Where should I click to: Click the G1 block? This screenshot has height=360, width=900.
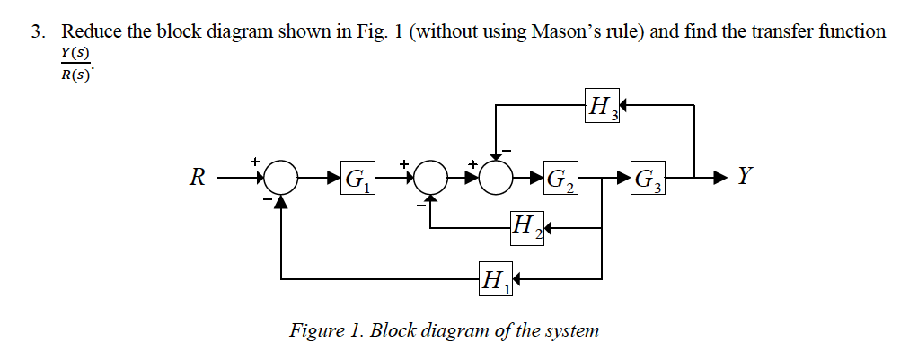[x=357, y=179]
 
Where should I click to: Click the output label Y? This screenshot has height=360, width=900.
[x=742, y=176]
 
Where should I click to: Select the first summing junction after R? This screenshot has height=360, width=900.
[x=283, y=178]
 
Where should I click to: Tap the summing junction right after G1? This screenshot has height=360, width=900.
[x=432, y=178]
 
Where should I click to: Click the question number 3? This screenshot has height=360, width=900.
[x=37, y=32]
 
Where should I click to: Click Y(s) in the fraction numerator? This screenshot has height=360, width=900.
[x=75, y=54]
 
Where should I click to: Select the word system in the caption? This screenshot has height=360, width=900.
[x=569, y=330]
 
